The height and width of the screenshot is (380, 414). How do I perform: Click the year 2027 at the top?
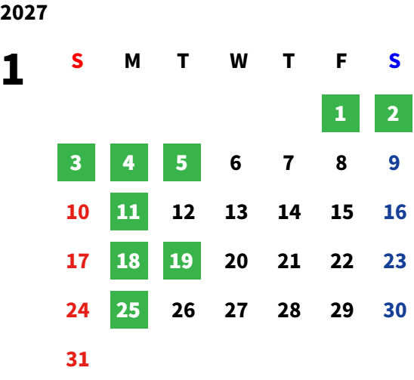click(23, 12)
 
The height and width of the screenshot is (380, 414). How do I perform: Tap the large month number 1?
click(13, 69)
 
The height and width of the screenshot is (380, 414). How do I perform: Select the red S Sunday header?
click(77, 61)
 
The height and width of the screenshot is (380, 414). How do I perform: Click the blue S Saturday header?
click(394, 61)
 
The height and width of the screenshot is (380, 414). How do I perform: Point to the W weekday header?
click(239, 61)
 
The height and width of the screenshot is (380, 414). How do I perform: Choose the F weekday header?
click(341, 61)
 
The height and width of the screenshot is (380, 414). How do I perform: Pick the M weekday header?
click(132, 61)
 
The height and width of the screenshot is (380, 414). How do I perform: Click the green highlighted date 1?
click(341, 113)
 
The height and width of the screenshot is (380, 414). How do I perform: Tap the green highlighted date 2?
click(394, 113)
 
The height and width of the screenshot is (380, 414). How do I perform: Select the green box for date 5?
click(182, 162)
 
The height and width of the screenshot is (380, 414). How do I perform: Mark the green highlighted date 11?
click(129, 212)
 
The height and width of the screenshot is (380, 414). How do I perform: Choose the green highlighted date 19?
click(182, 261)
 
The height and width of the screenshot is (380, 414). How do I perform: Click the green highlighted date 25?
click(129, 310)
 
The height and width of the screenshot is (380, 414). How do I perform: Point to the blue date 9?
click(394, 162)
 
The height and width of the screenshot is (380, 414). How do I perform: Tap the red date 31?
click(78, 359)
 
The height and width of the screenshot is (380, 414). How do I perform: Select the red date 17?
click(78, 261)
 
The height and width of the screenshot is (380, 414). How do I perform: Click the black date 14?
click(289, 212)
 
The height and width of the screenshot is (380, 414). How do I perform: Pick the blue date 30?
click(395, 310)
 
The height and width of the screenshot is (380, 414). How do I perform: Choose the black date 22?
click(342, 261)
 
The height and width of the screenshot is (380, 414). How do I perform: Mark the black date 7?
click(289, 162)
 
